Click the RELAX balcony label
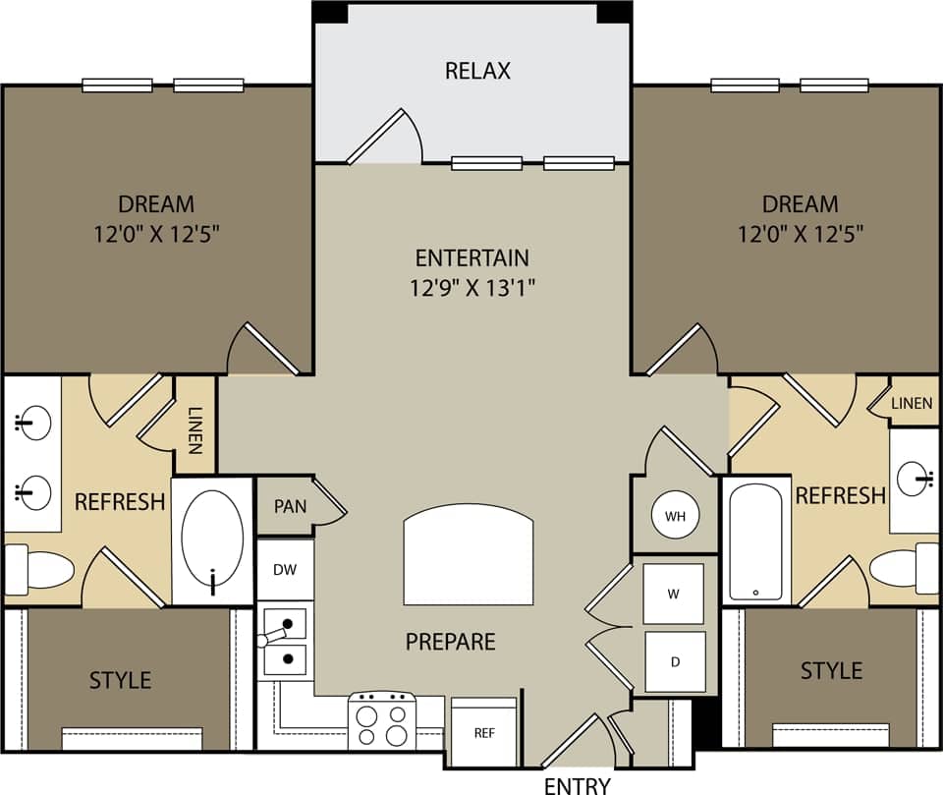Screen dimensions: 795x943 click(477, 71)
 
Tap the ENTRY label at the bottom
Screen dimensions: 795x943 click(578, 785)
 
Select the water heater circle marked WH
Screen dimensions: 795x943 click(675, 516)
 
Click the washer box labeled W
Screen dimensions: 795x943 click(673, 594)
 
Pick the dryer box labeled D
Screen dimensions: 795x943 click(675, 661)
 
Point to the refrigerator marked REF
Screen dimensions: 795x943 click(483, 732)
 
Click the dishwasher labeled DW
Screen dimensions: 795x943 click(285, 569)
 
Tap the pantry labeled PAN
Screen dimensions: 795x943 click(290, 507)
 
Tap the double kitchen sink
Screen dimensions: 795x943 click(285, 640)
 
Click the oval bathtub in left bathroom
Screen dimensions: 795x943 click(213, 539)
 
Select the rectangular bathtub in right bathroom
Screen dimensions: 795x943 click(755, 541)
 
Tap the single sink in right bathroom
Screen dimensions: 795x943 click(915, 481)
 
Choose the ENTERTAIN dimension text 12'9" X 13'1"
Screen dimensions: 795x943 click(472, 288)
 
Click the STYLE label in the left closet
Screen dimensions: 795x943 click(121, 680)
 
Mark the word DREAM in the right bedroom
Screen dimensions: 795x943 click(800, 204)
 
